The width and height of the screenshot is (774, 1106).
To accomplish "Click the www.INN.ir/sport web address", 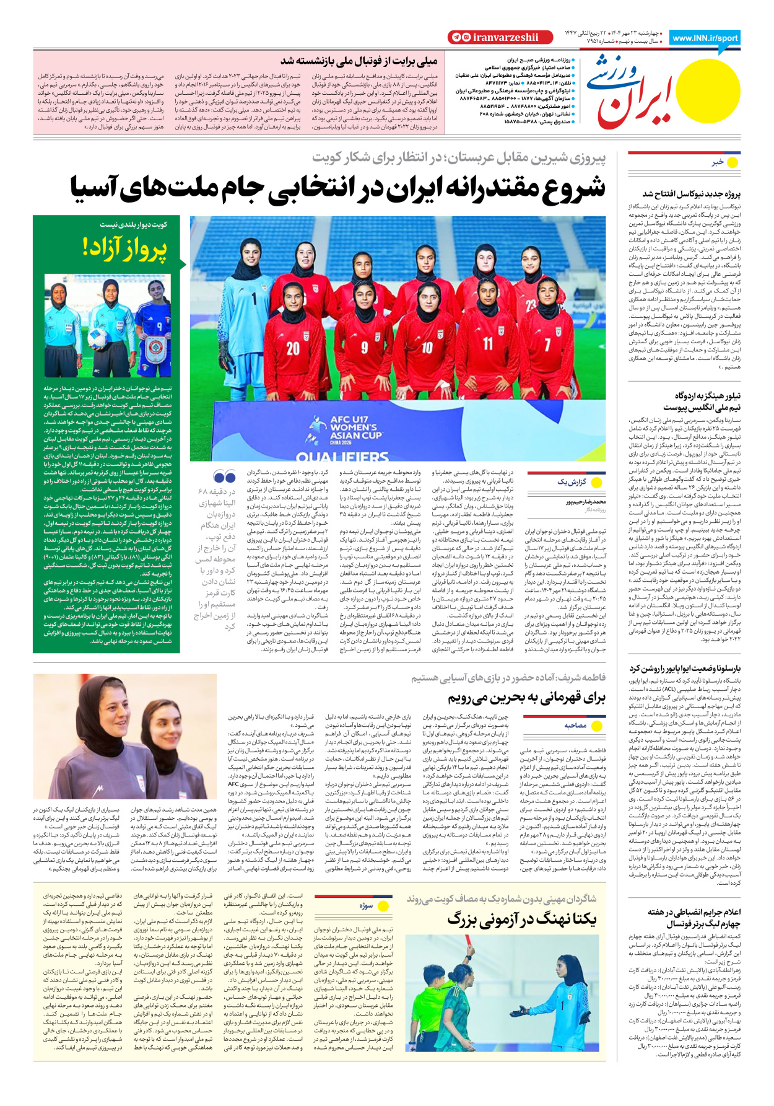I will tap(705, 38).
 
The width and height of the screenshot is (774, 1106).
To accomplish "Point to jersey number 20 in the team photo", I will tap(293, 349).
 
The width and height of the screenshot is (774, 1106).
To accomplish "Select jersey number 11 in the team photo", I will tap(488, 343).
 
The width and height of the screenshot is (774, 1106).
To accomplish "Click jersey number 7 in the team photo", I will tap(547, 343).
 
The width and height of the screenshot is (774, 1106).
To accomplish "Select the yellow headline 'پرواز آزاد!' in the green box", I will tap(124, 248).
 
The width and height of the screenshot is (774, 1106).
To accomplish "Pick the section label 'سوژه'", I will tap(366, 905).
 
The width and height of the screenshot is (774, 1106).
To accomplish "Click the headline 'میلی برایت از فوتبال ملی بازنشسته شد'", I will tap(359, 61).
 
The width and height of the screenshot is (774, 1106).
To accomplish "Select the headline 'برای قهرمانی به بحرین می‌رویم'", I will tap(526, 698).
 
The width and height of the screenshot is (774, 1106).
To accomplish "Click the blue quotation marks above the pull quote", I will tap(224, 476).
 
